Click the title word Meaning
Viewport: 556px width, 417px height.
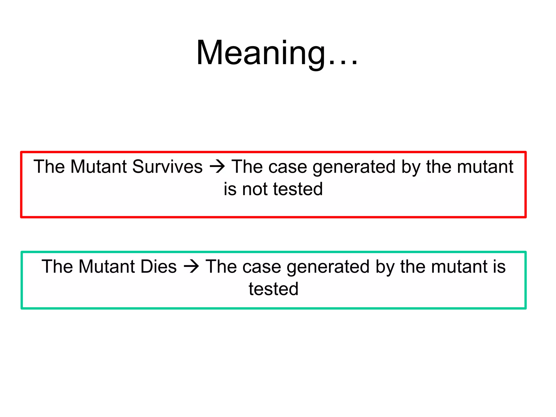[261, 53]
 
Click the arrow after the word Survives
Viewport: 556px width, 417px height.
[217, 167]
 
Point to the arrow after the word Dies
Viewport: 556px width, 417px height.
[191, 267]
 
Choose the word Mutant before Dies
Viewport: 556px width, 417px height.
[106, 266]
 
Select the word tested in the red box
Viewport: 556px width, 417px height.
[298, 189]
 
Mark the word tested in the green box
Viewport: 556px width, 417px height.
[274, 289]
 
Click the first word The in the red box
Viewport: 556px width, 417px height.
[49, 166]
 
